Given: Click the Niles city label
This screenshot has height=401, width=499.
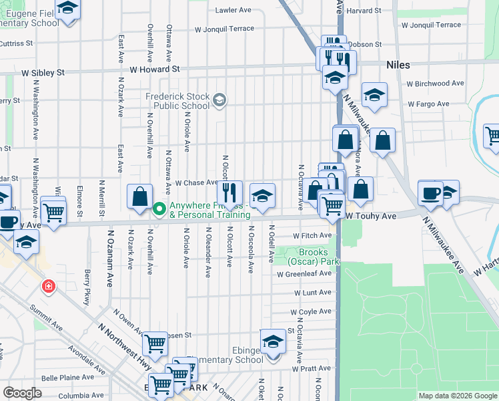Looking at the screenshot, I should click(397, 65).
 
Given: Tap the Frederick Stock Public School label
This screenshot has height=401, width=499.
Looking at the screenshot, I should click(177, 101).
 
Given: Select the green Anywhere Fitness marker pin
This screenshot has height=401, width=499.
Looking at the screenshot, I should click(159, 209).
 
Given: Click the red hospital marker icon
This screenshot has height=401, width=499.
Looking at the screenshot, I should click(48, 288).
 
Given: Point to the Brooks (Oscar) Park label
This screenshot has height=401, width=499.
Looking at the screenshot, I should click(314, 257).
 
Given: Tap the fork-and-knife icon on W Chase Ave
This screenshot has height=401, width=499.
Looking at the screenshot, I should click(231, 192).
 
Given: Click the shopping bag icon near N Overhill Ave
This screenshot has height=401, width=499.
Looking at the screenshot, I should click(139, 196).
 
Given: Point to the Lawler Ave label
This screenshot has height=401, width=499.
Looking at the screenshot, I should click(233, 10).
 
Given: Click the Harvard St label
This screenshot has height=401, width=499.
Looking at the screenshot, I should click(364, 11).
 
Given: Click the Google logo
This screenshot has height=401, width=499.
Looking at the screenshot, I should click(23, 393).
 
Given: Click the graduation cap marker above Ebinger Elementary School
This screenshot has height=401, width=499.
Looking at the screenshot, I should click(272, 342).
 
